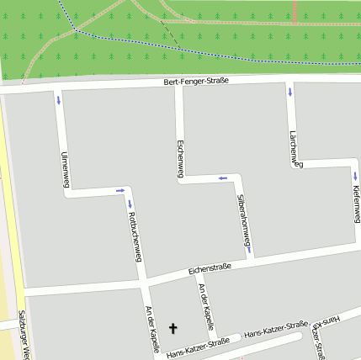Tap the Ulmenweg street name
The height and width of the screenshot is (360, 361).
65,168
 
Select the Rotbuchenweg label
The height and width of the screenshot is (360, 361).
133,237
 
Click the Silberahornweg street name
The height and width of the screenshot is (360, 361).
242,223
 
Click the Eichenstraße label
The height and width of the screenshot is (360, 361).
210,268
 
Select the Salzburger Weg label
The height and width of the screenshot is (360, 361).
24,336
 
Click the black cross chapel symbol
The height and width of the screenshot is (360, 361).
175,328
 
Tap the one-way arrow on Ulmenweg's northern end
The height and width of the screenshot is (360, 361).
59,100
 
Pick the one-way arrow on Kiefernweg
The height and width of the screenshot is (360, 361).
355,176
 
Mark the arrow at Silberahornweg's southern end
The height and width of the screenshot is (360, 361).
250,249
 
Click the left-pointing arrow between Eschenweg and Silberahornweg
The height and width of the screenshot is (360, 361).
223,178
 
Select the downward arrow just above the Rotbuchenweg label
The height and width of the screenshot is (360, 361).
130,203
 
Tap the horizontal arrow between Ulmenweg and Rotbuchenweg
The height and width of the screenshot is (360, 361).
119,191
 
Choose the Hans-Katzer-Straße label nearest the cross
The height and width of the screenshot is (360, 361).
198,347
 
